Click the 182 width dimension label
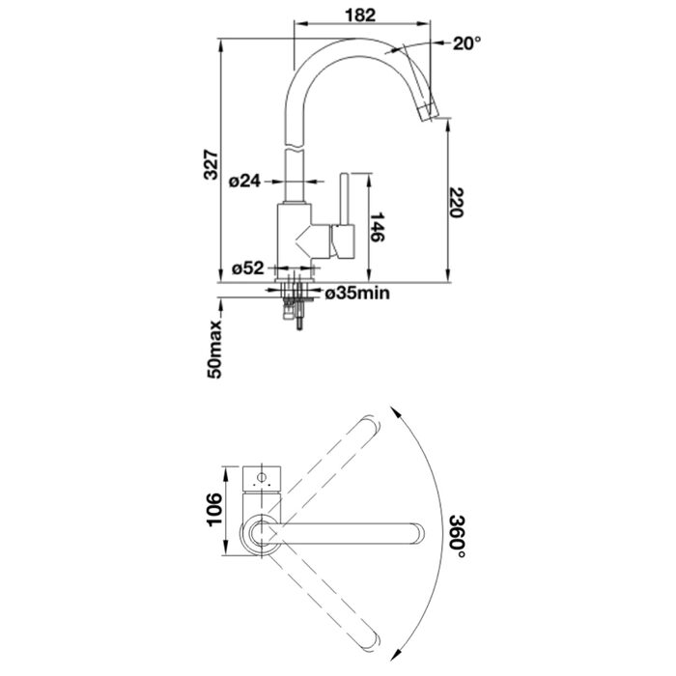coord(360,15)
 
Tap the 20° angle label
coord(466,43)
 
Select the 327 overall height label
coord(211,165)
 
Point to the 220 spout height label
coord(456,203)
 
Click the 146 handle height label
coord(378,227)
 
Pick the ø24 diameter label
coord(245,182)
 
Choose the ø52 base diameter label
coord(247,268)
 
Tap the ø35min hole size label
coord(357,294)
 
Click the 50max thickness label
coord(214,350)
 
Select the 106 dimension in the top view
coord(214,510)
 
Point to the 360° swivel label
coord(457,536)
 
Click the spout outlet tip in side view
coord(430,113)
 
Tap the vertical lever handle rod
coord(344,199)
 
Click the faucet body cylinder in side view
coord(294,240)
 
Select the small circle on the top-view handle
coord(262,477)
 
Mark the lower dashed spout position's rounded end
coord(372,642)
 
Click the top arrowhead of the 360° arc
coord(396,410)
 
